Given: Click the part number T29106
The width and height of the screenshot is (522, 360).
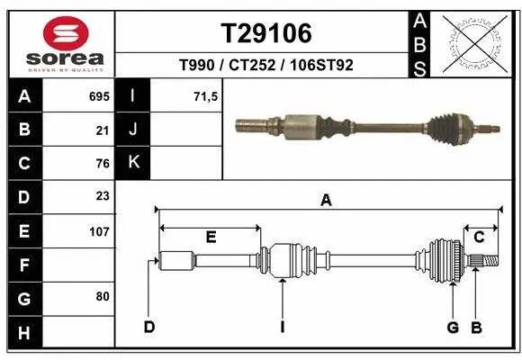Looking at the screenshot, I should coord(266,34).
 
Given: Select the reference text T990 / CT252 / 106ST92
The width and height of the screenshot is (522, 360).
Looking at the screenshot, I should coord(266,66).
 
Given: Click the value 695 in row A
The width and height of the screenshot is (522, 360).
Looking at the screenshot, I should coord(99,96).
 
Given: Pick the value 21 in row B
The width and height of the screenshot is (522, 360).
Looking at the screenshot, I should coord(102,130).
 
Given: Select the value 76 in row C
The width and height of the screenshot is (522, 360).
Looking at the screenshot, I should coord(102,164).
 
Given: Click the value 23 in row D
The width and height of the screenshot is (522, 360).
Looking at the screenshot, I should coord(102,196).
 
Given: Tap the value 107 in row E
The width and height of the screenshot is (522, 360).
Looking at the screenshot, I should coord(99,230).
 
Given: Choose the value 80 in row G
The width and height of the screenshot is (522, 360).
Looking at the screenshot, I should coord(102,296).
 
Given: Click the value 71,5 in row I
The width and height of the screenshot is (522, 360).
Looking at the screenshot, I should coord(206,96).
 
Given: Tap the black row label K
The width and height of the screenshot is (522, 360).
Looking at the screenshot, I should coord(133,163).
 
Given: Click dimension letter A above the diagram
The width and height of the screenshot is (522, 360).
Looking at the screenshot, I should coord(326,201).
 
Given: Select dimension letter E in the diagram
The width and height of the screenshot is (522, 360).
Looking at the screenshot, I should coord(210,238).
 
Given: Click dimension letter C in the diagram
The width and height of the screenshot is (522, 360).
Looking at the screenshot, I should coord(480,237).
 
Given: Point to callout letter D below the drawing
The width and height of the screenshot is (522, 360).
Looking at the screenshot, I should coord(149,327).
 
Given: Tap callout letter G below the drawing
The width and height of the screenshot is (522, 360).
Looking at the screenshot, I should coord(453,327).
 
